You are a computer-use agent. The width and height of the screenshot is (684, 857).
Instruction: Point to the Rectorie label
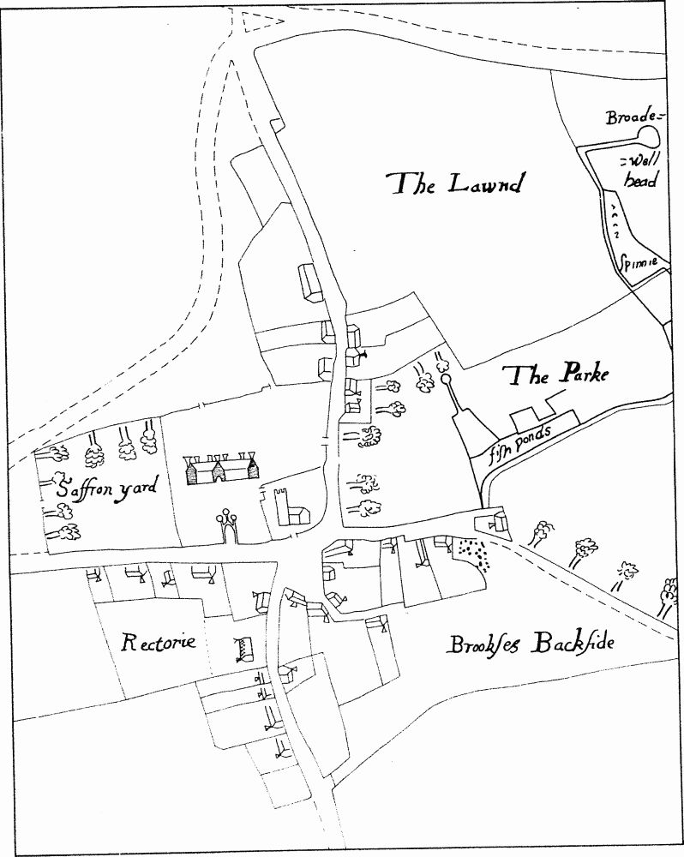pyautogui.click(x=159, y=641)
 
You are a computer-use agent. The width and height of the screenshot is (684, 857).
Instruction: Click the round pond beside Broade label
pyautogui.click(x=649, y=135)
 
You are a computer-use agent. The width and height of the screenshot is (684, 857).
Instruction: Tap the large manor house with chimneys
pyautogui.click(x=222, y=469)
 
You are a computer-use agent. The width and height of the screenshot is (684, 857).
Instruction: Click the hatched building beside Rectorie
pyautogui.click(x=244, y=650)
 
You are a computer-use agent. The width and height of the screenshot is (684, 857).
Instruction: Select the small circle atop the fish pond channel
pyautogui.click(x=446, y=378)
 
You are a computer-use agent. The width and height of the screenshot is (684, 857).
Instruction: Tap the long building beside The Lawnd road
pyautogui.click(x=309, y=282)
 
